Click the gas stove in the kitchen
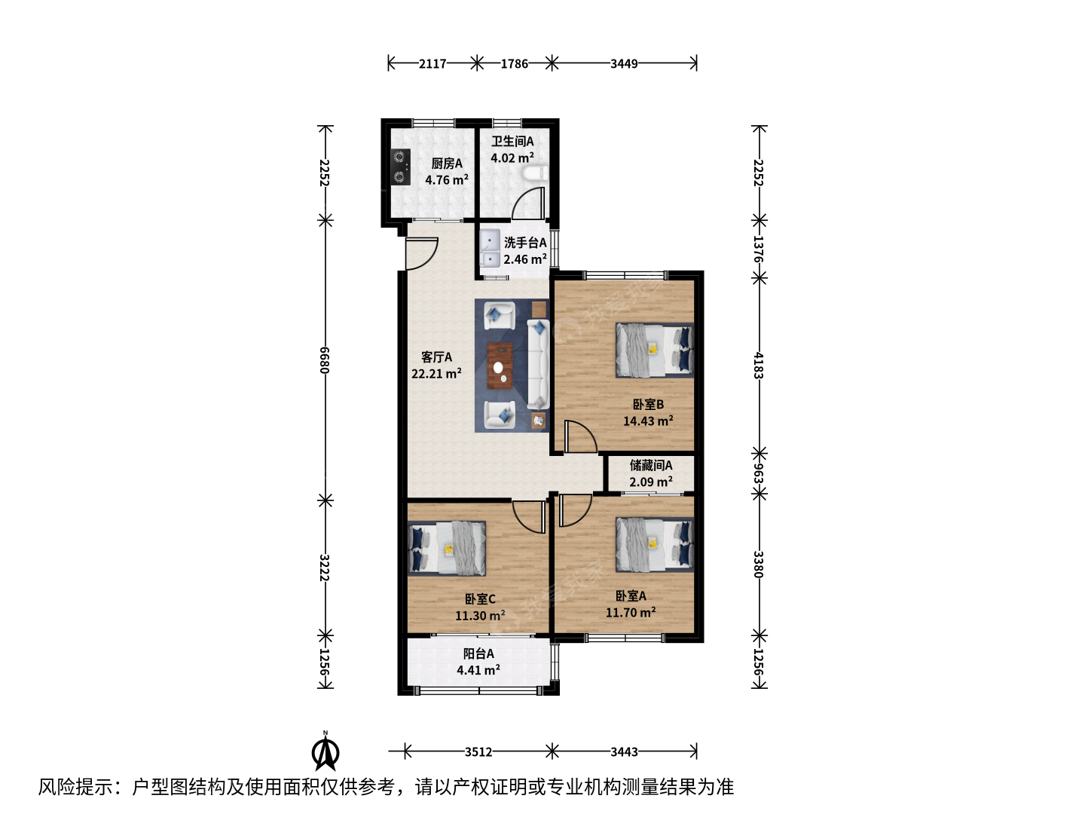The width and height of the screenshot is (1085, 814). click(400, 167)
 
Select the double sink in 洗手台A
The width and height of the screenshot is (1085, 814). click(489, 248)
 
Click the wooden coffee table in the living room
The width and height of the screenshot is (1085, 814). click(500, 366)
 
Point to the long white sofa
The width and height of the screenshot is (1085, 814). click(538, 364)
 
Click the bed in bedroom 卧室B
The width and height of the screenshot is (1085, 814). click(655, 350)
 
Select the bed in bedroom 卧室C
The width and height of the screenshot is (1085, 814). click(447, 549)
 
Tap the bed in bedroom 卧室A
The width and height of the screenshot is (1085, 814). click(655, 545)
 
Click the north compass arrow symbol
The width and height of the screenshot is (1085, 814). click(325, 752)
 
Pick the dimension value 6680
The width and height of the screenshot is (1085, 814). click(325, 360)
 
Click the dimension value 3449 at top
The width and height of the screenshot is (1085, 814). click(624, 64)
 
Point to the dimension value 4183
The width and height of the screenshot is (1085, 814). click(759, 366)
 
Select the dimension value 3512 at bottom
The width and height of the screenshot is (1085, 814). click(478, 751)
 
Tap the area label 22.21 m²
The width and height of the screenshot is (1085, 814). click(436, 373)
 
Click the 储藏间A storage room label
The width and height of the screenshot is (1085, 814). click(650, 465)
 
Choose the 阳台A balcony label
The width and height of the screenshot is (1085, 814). click(478, 653)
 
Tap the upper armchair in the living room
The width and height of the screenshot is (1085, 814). click(500, 315)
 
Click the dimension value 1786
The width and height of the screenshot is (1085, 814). click(514, 64)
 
